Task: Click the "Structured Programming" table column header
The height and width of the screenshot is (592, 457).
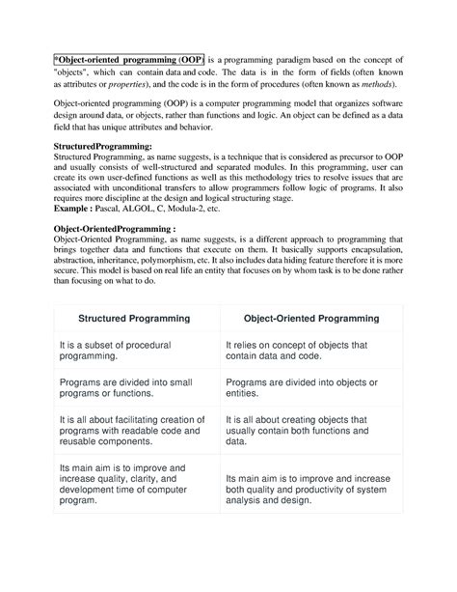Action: (134, 318)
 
